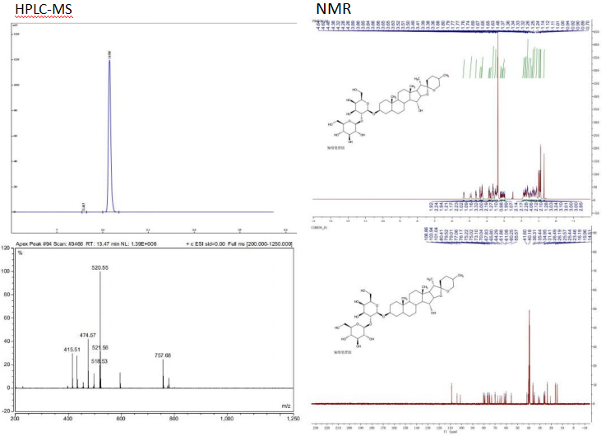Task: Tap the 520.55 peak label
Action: click(x=100, y=268)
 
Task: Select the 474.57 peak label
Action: click(x=88, y=336)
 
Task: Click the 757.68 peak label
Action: click(x=162, y=355)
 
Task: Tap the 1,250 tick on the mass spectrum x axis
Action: click(x=284, y=418)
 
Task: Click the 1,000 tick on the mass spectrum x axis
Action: click(x=226, y=418)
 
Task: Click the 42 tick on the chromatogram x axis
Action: click(x=284, y=230)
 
